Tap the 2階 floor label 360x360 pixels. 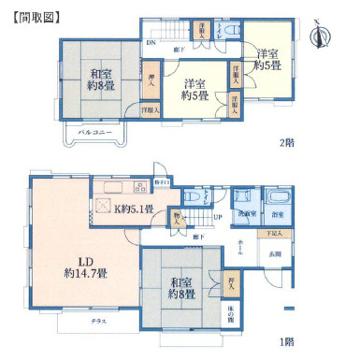coord(287,143)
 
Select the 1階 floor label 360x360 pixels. coord(287,340)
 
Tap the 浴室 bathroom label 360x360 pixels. coord(278,214)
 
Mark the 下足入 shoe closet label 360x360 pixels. coord(273,233)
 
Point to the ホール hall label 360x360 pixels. coord(239,247)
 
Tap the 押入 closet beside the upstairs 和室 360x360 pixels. coord(151,82)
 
